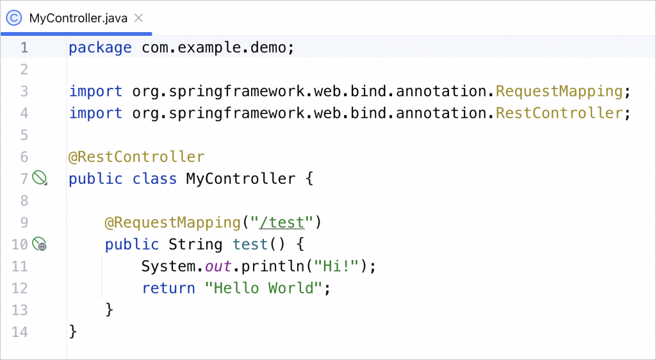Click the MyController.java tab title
point(79,18)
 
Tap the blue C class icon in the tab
point(14,18)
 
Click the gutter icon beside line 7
point(39,178)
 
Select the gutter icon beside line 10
point(39,244)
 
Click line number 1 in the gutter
point(24,47)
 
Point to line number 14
point(20,331)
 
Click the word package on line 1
point(100,47)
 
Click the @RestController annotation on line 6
point(136,156)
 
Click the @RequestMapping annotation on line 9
point(172,222)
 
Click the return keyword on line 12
point(168,288)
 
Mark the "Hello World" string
point(263,288)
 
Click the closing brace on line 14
point(73,331)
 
